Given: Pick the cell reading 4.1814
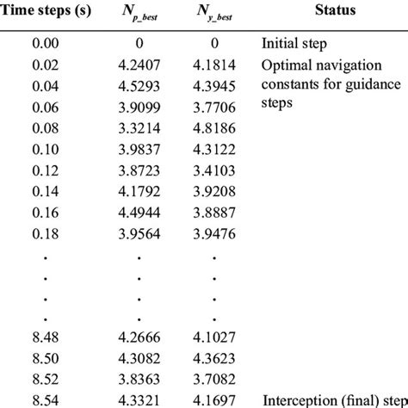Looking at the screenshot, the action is pos(214,65).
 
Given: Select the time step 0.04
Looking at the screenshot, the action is pos(43,85).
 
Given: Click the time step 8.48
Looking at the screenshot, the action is pos(43,338).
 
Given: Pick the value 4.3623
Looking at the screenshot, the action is pos(214,359).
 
